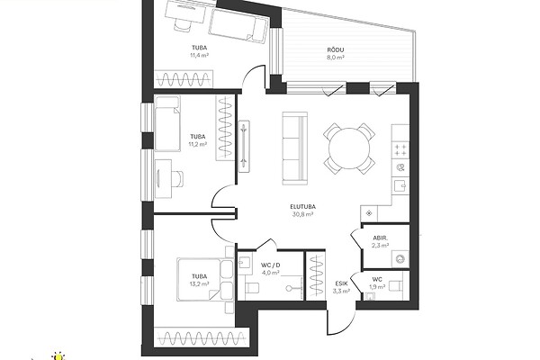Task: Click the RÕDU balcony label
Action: [336, 50]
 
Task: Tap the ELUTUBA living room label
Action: [302, 207]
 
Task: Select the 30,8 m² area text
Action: [302, 214]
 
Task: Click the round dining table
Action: [349, 148]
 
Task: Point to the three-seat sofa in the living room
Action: [294, 148]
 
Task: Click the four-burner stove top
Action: [400, 150]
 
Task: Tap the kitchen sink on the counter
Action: [400, 185]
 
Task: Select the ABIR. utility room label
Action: [380, 238]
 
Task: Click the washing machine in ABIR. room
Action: [400, 258]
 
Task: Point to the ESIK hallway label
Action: [342, 283]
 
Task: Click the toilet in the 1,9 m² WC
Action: [396, 285]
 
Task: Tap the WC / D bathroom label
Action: [270, 265]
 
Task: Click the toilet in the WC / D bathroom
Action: [252, 288]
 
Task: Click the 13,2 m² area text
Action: [200, 283]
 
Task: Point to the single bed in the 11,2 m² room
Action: [167, 123]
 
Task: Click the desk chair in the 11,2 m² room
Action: [177, 178]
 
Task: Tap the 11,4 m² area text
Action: [200, 55]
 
